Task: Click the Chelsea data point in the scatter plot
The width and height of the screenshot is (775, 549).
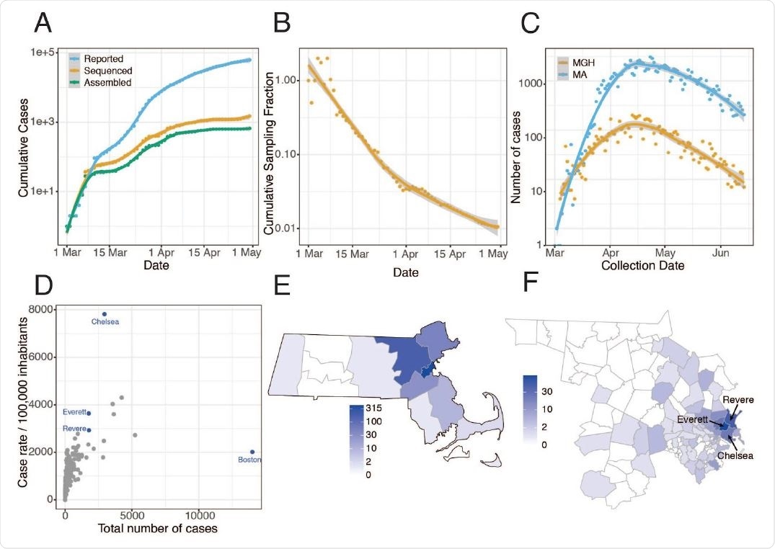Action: [x=105, y=314]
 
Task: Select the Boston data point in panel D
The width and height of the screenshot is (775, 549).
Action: [x=252, y=452]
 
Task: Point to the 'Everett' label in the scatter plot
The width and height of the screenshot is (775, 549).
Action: [x=74, y=413]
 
